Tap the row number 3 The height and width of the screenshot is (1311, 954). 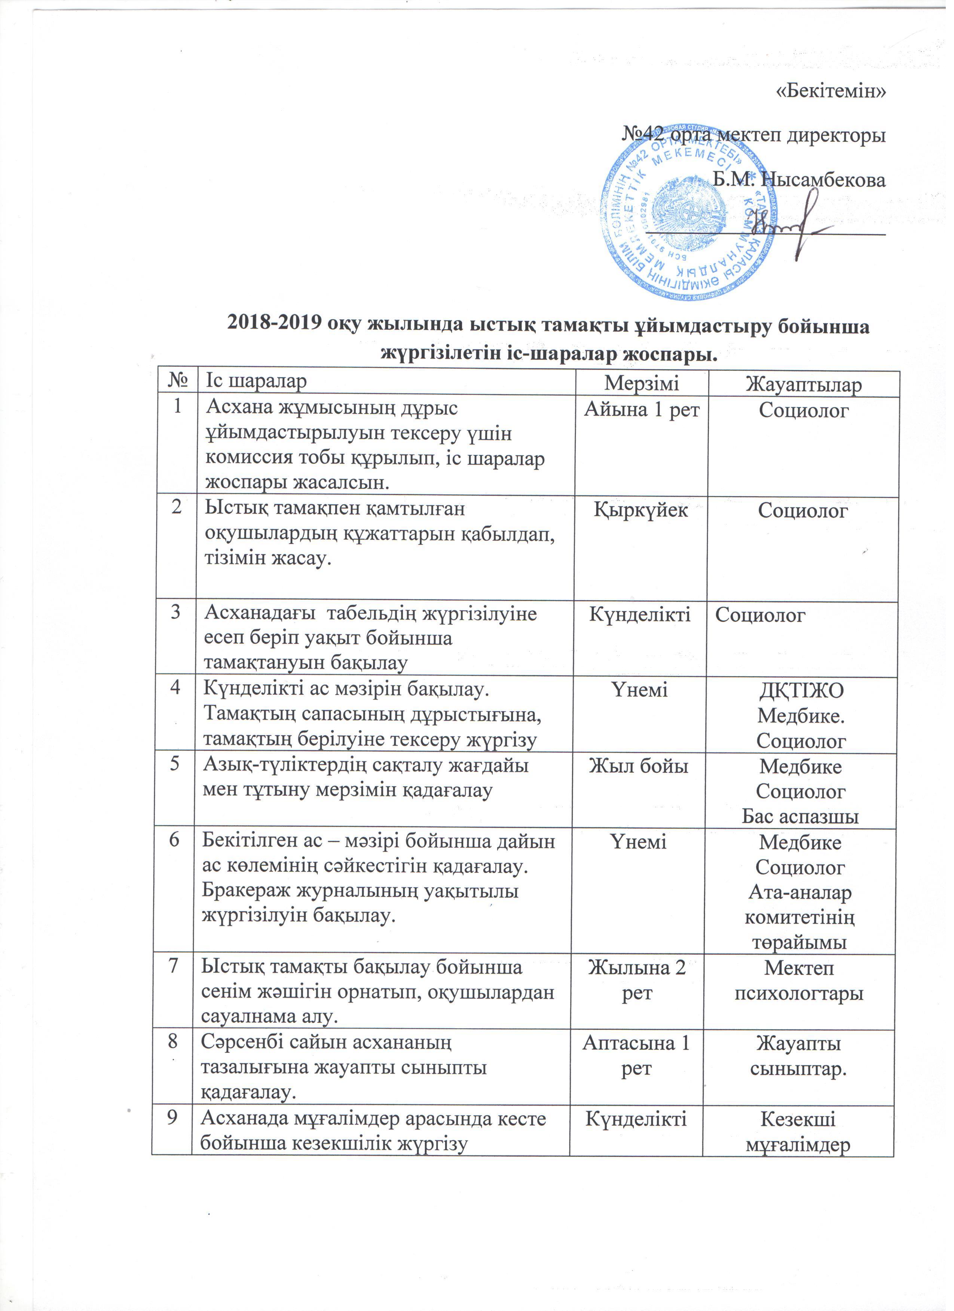[175, 613]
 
